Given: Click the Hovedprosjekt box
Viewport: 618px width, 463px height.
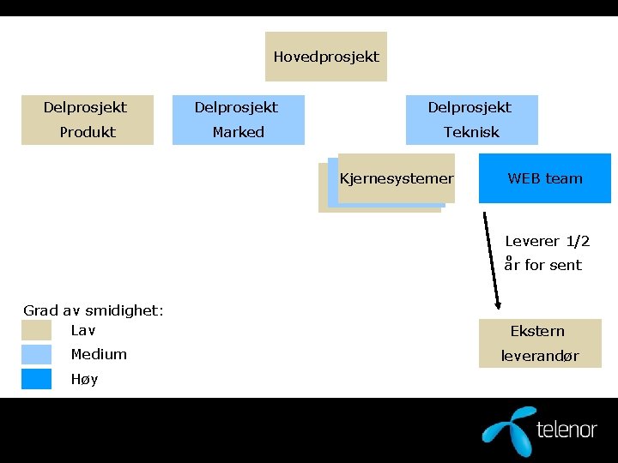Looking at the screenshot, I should point(326,57).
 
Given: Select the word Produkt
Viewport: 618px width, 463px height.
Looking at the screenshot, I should point(88,132).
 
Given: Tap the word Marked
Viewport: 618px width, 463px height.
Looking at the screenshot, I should point(239,132).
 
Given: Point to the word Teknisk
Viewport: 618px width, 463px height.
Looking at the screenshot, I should point(471,132).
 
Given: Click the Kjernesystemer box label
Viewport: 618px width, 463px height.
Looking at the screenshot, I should point(397,178).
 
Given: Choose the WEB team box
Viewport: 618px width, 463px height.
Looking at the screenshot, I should point(545,178).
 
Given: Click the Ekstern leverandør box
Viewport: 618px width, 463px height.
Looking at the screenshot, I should point(539,343).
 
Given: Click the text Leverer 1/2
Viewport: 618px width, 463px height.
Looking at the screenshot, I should point(548,242).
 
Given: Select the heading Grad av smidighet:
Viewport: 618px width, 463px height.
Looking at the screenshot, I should point(94,310).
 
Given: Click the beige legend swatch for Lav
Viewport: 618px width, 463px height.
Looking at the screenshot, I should point(37,330).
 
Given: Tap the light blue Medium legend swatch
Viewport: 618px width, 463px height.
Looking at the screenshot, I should point(37,354).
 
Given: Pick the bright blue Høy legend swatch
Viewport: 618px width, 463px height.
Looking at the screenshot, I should point(37,379).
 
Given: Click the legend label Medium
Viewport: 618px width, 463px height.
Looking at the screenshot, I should point(99,354).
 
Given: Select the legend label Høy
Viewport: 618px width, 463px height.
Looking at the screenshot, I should point(84,379).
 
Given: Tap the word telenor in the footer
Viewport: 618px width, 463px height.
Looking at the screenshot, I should point(566,429).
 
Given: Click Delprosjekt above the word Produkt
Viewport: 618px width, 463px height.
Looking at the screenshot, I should point(85,107).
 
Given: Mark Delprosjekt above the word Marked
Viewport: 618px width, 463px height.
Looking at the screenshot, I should point(236,107).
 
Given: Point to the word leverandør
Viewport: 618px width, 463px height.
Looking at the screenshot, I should point(540,355).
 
